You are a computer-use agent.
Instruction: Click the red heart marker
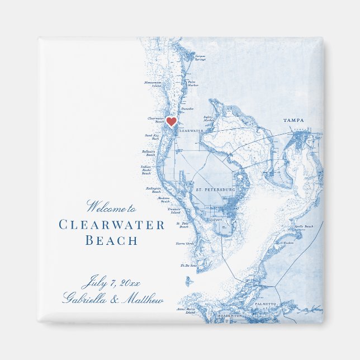click(x=172, y=121)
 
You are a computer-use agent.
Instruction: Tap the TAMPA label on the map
click(x=294, y=120)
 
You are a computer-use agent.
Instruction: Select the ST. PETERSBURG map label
click(x=215, y=191)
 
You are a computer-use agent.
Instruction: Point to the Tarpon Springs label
click(x=200, y=56)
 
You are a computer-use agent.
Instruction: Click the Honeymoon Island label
click(x=153, y=84)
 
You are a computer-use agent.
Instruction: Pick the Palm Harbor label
click(x=192, y=83)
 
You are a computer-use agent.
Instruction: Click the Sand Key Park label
click(x=153, y=136)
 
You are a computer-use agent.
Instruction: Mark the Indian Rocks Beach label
click(x=146, y=170)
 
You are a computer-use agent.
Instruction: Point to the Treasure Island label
click(x=176, y=211)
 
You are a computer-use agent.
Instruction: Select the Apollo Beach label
click(x=304, y=226)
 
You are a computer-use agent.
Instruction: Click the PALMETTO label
click(x=266, y=304)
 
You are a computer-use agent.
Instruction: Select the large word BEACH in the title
click(x=111, y=241)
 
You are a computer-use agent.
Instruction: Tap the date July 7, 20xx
click(x=111, y=281)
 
